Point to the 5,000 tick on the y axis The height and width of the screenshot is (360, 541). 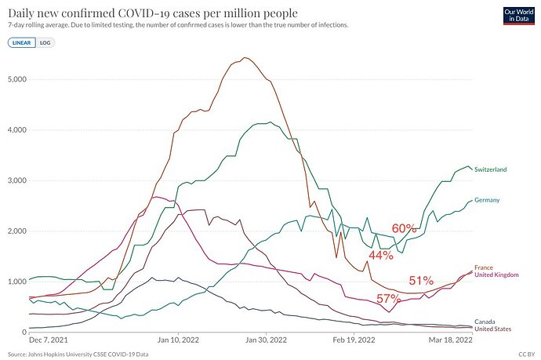coord(16,79)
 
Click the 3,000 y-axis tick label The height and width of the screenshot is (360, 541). coord(16,180)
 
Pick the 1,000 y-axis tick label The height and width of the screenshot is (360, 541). coord(16,282)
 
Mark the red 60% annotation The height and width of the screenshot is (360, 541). coord(404,228)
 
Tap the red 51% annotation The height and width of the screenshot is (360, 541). coord(421,281)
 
